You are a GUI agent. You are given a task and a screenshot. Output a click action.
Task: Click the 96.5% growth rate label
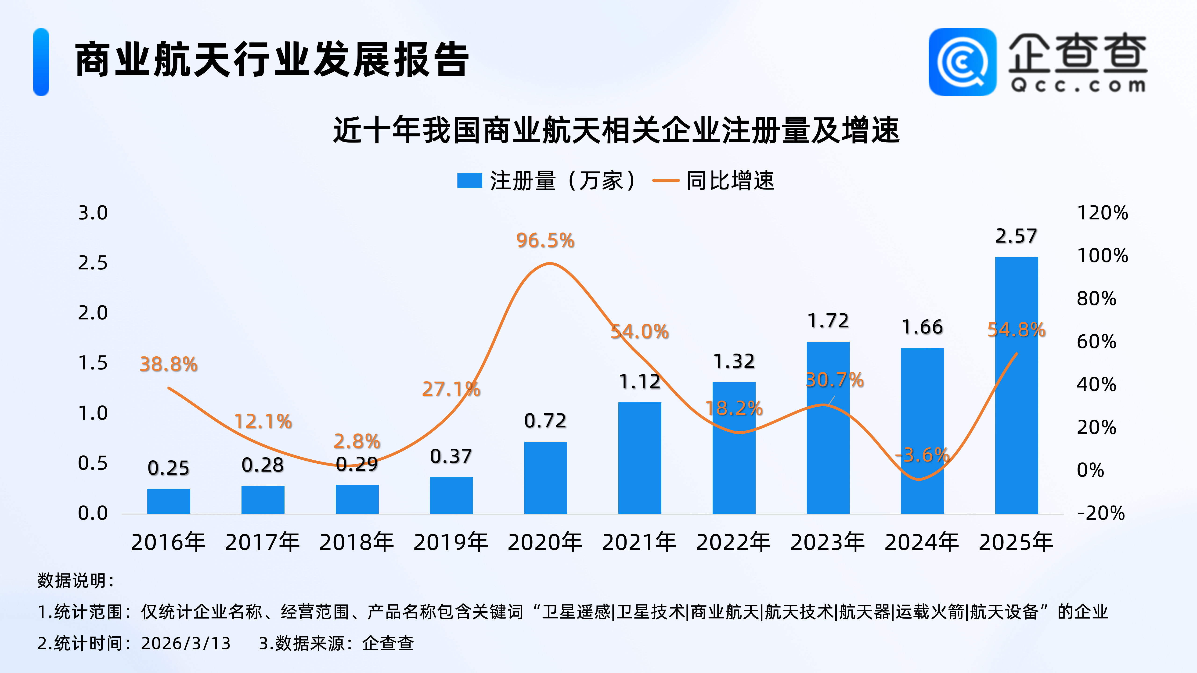(545, 241)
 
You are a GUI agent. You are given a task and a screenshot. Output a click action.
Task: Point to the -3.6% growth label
(922, 455)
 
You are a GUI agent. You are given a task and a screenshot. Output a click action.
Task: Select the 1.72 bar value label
(828, 321)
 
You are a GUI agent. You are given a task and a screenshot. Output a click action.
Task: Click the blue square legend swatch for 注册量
(469, 181)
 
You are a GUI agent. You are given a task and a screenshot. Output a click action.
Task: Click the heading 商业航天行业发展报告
(272, 59)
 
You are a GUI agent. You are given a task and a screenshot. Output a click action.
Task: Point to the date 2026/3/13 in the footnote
(186, 643)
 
